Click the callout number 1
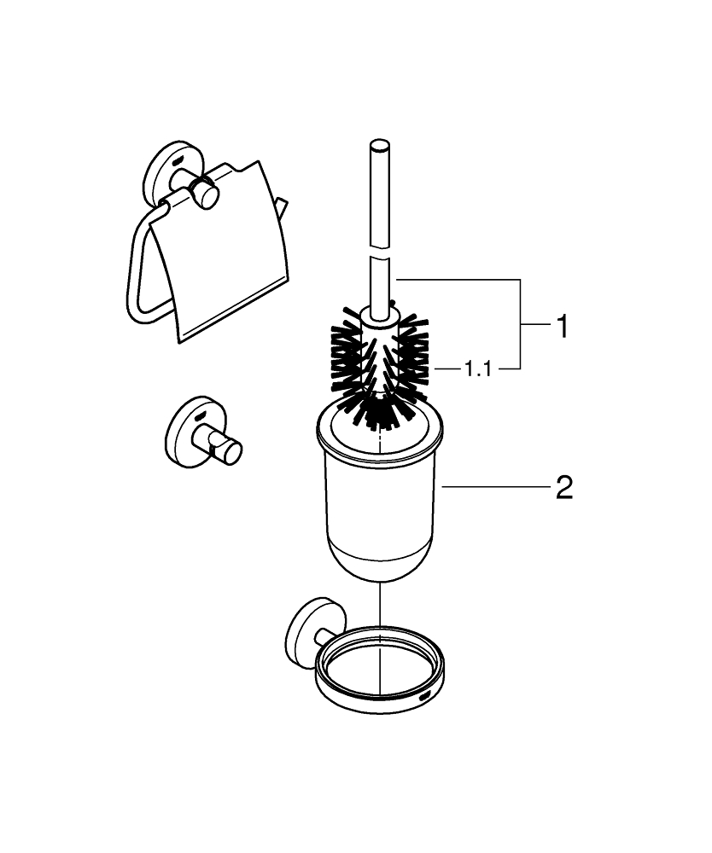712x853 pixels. [x=562, y=326]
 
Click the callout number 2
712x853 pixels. [x=563, y=488]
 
